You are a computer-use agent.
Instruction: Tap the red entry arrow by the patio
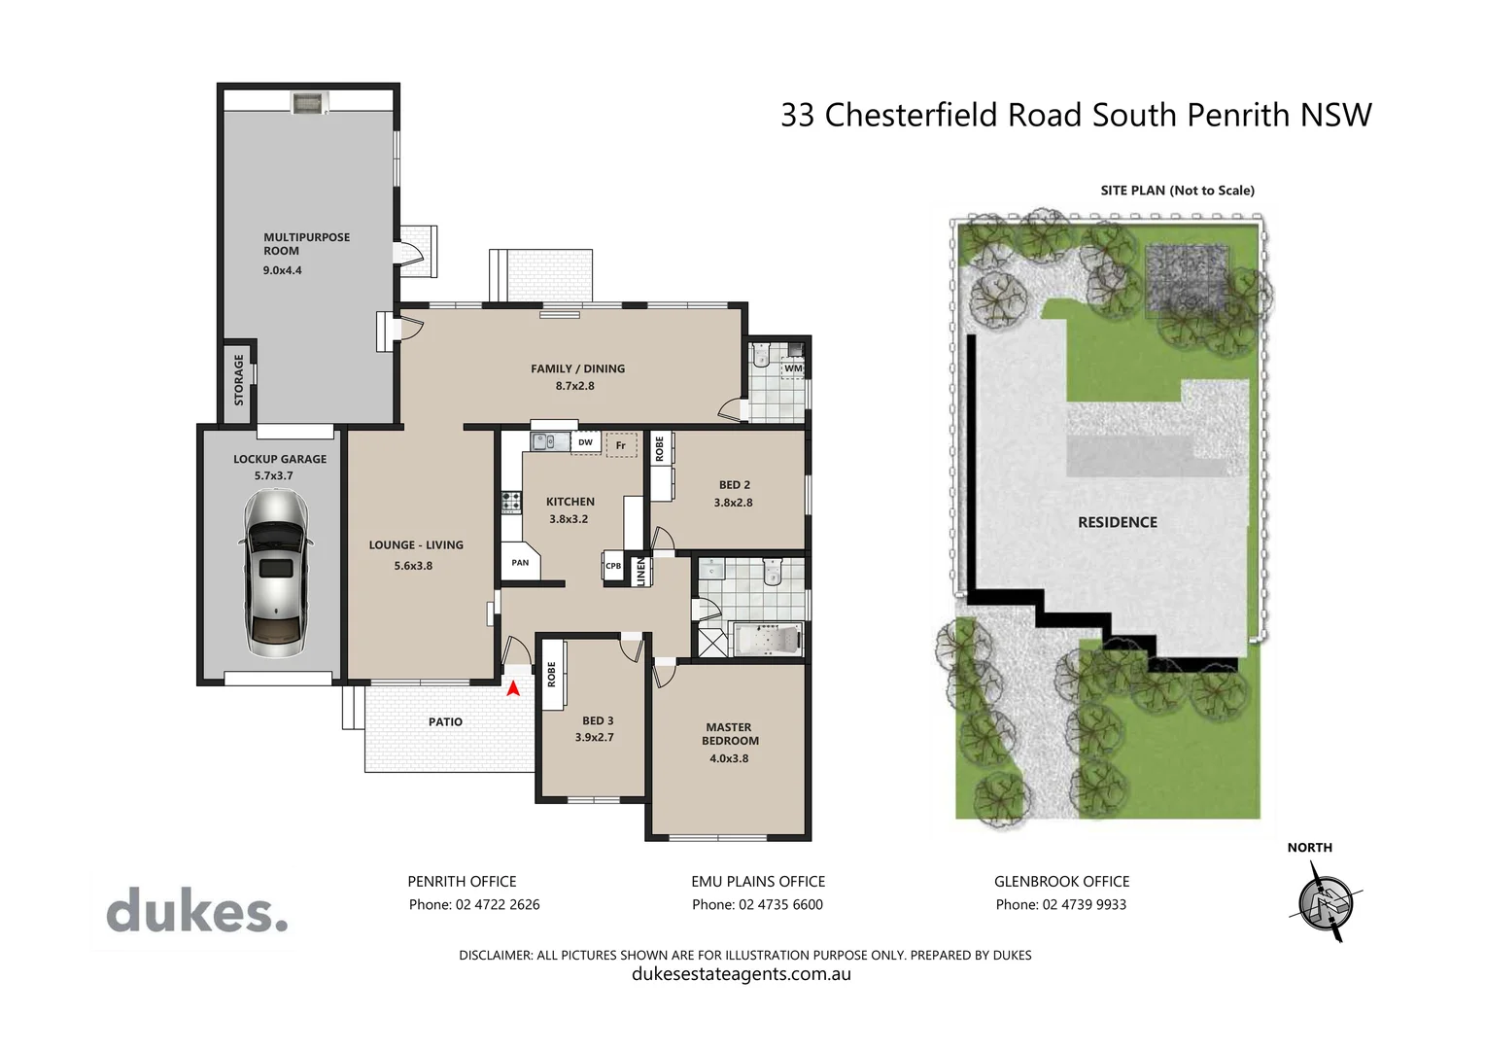click(513, 688)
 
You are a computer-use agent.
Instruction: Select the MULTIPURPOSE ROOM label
click(306, 244)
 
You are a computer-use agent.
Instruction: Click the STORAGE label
click(239, 379)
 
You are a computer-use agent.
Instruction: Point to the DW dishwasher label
click(585, 442)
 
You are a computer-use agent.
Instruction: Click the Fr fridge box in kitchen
click(621, 445)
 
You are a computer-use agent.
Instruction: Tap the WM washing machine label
click(793, 368)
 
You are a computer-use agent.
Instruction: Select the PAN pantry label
click(520, 563)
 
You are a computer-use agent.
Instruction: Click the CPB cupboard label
click(613, 566)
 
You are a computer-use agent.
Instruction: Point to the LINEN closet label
click(640, 571)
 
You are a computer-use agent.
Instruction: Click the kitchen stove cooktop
click(510, 503)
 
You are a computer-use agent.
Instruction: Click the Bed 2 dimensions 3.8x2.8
click(733, 503)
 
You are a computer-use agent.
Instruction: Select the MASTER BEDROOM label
click(730, 734)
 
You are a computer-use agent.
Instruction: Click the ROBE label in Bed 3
click(551, 674)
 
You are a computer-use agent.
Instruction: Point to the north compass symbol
click(1326, 902)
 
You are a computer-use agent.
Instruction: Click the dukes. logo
click(197, 911)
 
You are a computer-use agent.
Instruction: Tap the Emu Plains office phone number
click(757, 905)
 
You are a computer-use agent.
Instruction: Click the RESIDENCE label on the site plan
click(1117, 522)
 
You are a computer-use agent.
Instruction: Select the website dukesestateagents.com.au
click(741, 974)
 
